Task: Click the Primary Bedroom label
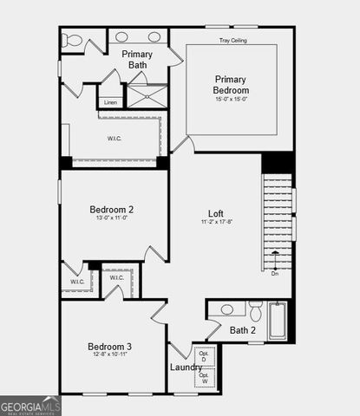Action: [x=232, y=84]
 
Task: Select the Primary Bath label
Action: [x=137, y=59]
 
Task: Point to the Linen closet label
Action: [x=110, y=102]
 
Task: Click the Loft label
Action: [x=216, y=213]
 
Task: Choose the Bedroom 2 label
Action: [x=111, y=209]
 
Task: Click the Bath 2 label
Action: [x=243, y=330]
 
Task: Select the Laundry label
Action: [x=186, y=367]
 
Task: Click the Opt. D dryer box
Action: [x=205, y=356]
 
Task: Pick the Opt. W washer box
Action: [x=205, y=378]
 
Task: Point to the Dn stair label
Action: [x=275, y=274]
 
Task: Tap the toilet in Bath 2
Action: [x=256, y=309]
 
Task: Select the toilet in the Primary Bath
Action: [x=73, y=40]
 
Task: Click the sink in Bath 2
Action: [x=227, y=309]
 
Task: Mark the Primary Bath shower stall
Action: [x=147, y=95]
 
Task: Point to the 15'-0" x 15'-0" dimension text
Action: [x=232, y=99]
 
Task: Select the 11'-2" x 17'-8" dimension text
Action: [x=216, y=223]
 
